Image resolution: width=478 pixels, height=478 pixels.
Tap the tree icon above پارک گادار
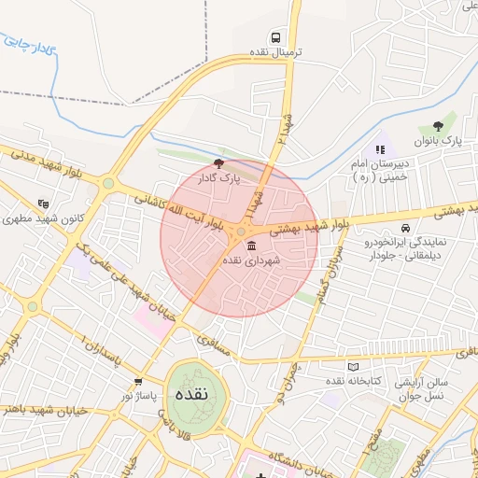pos(218,163)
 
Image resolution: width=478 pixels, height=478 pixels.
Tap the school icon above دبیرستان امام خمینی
pos(379,149)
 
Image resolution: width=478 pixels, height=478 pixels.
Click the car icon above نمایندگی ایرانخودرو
pos(405,228)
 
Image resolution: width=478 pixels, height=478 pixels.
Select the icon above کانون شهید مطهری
pos(43,204)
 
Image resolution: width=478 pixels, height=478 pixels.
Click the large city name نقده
pos(198,392)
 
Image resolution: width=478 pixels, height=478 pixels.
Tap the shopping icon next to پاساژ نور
pos(139,382)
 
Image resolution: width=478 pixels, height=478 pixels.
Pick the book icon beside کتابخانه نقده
pos(352,367)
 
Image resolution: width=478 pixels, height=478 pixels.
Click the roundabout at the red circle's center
pos(241,232)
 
